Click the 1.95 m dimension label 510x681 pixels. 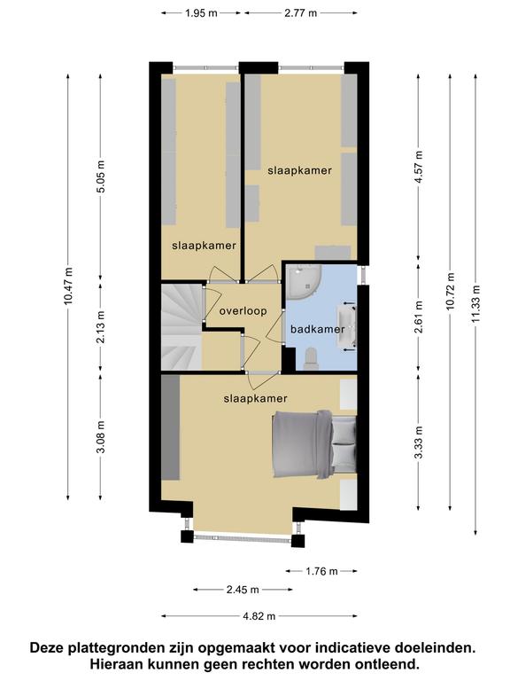pos(201,13)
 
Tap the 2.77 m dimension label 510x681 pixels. pos(300,13)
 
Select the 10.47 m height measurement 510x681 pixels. pos(68,286)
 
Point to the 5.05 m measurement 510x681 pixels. pos(101,176)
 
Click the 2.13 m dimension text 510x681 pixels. pos(101,327)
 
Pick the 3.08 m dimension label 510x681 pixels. pos(101,437)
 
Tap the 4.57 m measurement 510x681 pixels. pos(419,168)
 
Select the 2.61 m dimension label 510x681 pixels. pos(419,317)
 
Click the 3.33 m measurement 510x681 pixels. pos(419,442)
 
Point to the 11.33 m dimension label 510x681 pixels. pos(476,303)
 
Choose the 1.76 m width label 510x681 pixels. pos(321,571)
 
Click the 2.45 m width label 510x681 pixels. pos(243,590)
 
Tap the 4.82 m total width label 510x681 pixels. pos(259,616)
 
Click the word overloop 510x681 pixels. pos(243,311)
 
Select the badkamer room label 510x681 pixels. pos(318,329)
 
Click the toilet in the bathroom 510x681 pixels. pos(311,359)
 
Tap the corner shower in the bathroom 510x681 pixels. pos(303,282)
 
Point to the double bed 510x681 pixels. pos(314,445)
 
